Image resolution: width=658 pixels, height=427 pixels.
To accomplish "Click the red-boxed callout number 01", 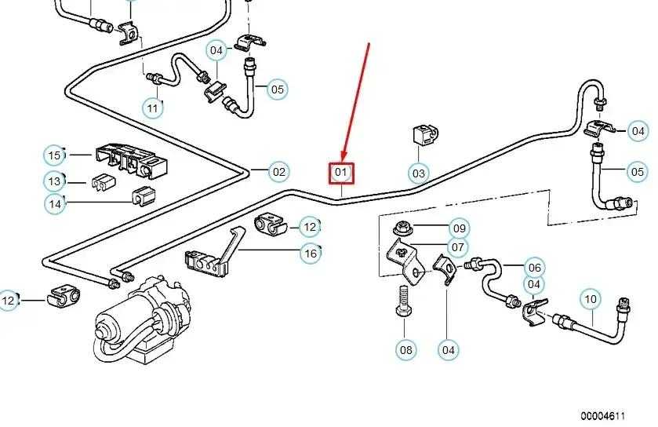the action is pyautogui.click(x=341, y=173).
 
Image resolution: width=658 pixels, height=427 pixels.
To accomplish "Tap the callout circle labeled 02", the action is pyautogui.click(x=279, y=172).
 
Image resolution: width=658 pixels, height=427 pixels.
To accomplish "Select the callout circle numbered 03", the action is pyautogui.click(x=419, y=173).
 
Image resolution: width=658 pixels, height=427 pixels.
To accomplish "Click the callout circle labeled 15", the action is pyautogui.click(x=55, y=155).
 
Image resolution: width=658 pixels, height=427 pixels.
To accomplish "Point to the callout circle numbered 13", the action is pyautogui.click(x=55, y=182).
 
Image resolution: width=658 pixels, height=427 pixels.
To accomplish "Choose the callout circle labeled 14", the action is pyautogui.click(x=55, y=204).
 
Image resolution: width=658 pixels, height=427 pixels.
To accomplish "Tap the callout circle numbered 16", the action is pyautogui.click(x=311, y=254).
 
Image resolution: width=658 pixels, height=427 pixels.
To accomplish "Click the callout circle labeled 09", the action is pyautogui.click(x=460, y=228).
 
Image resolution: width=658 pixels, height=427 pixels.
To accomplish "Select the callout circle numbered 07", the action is pyautogui.click(x=458, y=247).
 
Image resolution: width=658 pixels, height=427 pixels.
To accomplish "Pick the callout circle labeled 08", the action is pyautogui.click(x=406, y=350).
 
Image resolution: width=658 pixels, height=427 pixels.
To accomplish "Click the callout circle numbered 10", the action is pyautogui.click(x=591, y=299).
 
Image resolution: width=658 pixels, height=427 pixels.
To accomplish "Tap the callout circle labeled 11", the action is pyautogui.click(x=153, y=108).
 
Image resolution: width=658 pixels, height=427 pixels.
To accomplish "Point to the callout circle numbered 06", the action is pyautogui.click(x=535, y=268).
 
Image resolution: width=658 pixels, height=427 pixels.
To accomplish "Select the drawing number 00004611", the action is pyautogui.click(x=603, y=416).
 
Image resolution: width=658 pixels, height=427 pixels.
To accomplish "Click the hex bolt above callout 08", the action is pyautogui.click(x=404, y=302).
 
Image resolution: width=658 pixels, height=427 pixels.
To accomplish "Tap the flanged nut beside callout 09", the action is pyautogui.click(x=402, y=229).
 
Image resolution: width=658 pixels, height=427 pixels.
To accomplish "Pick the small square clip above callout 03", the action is pyautogui.click(x=423, y=135).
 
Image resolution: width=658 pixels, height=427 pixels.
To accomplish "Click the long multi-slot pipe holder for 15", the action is pyautogui.click(x=131, y=161).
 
